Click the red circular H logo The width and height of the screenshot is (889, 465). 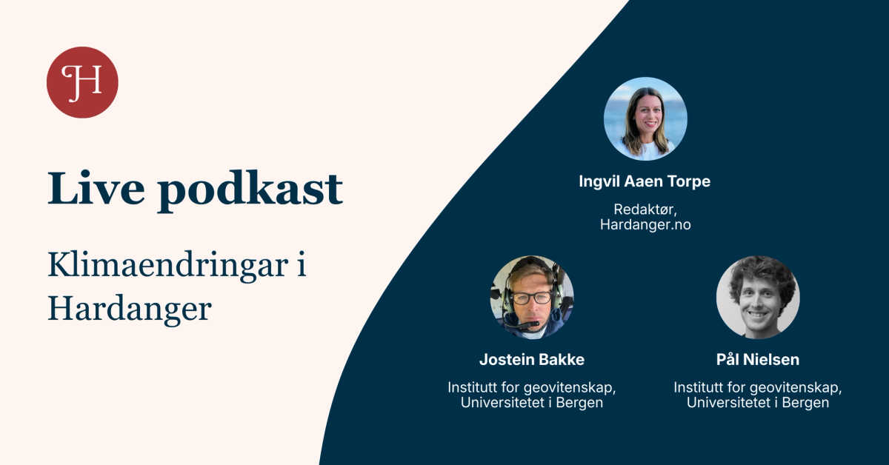82,81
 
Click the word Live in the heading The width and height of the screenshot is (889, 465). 94,189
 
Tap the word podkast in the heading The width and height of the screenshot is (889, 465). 250,190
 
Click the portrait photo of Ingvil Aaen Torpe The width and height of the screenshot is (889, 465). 645,118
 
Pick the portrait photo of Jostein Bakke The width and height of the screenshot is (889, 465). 532,298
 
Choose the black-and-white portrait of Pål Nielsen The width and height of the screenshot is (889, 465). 757,298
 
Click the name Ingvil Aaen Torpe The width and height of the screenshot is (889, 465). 645,181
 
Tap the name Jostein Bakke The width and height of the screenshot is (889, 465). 531,360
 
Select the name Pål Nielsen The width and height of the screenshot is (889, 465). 757,360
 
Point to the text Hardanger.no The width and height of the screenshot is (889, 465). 645,224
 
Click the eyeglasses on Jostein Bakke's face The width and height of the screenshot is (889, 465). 532,298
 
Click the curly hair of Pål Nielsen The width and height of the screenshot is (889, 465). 757,271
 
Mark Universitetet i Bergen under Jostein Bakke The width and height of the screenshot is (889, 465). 531,403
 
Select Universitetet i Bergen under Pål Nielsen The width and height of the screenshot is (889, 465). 757,403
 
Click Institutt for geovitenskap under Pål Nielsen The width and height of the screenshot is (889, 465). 757,387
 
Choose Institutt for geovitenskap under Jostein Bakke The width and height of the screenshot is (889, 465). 531,387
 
